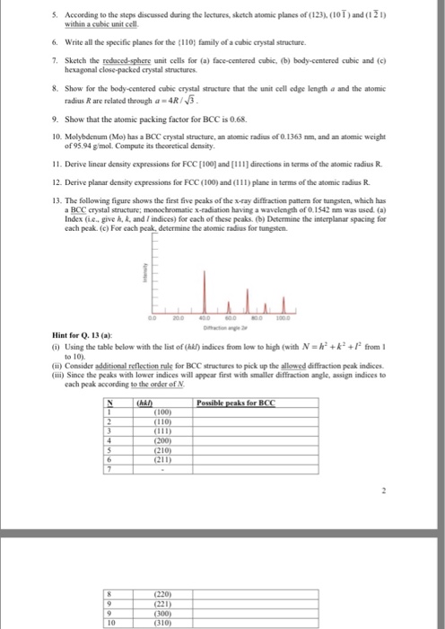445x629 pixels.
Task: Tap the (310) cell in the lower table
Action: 164,621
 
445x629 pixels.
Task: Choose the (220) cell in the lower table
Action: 164,594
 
